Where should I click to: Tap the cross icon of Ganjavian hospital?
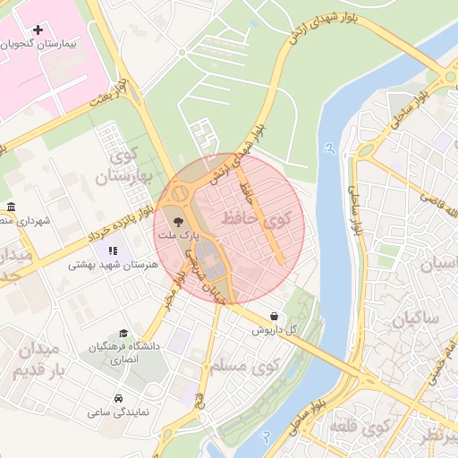(38, 30)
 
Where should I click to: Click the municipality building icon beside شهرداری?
(11, 207)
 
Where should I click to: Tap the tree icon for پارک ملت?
(177, 220)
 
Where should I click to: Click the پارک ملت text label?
(174, 234)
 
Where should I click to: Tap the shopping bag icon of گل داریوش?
(273, 315)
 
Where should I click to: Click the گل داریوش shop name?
(273, 328)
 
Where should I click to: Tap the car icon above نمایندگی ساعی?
(118, 399)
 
